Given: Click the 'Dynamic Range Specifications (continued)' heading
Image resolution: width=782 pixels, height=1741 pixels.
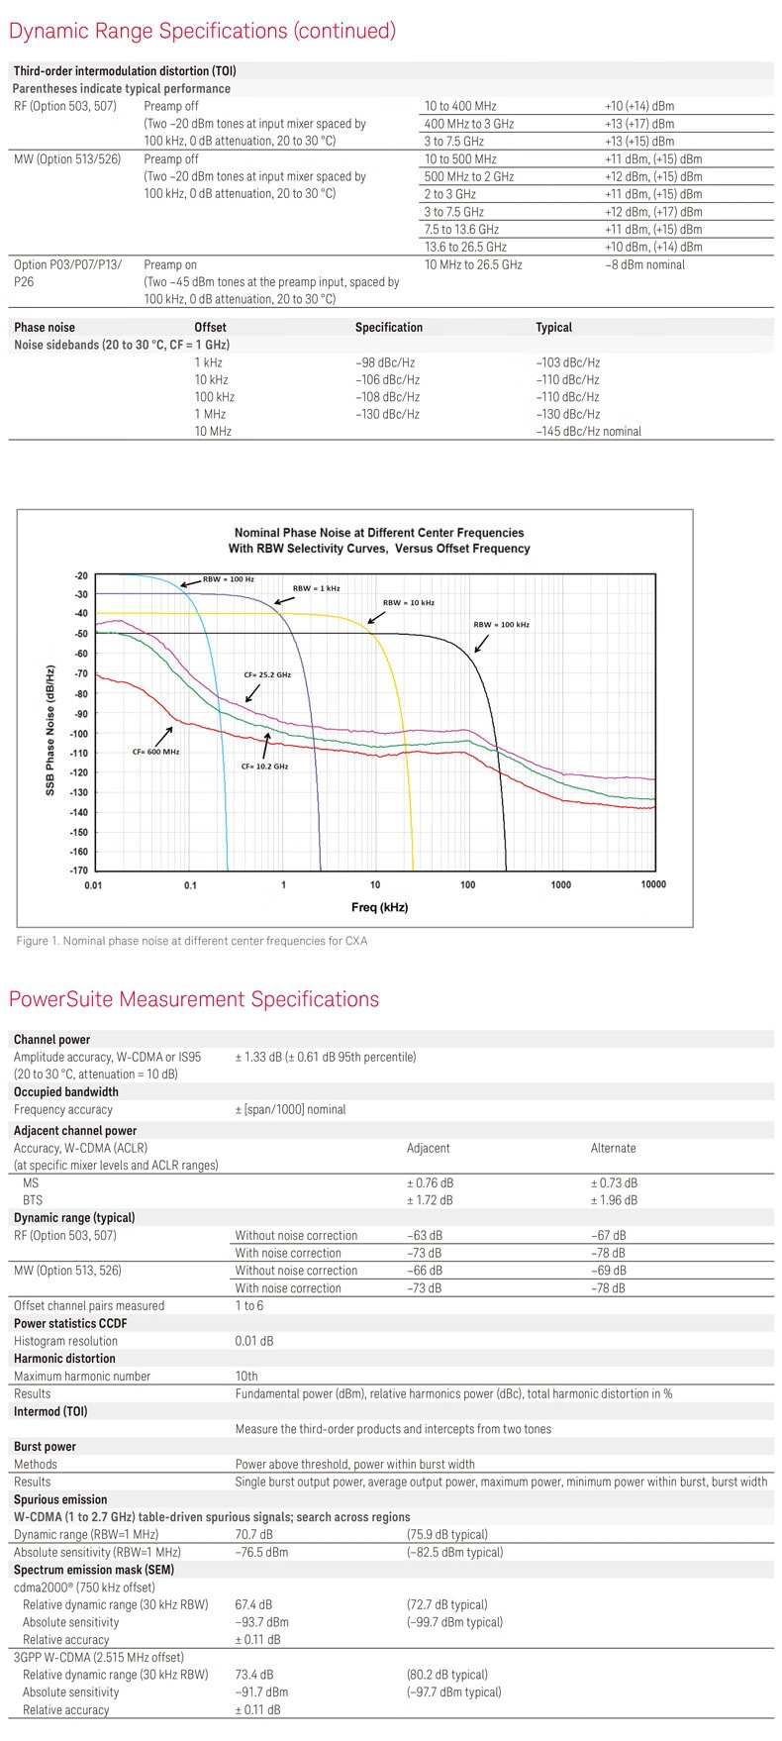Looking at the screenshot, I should tap(202, 31).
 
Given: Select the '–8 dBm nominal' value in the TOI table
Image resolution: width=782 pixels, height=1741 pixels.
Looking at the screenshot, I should tap(644, 264).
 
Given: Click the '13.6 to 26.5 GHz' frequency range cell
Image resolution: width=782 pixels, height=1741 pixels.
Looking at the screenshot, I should tap(465, 247).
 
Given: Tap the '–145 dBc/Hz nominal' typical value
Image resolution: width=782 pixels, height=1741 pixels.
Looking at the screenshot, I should tap(588, 431).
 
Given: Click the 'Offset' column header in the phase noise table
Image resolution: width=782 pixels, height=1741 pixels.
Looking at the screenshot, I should tap(210, 327).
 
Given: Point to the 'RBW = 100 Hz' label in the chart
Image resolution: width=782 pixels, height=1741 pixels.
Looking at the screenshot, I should tap(229, 579).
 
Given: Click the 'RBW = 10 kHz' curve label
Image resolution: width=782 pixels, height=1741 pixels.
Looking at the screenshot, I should tap(408, 602).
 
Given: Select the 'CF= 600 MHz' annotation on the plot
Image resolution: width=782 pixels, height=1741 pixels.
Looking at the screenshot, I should tap(155, 752).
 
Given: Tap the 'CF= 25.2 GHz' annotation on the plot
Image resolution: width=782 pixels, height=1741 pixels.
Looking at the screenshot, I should tap(267, 674).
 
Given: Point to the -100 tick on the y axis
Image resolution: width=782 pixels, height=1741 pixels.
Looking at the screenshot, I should tap(78, 734).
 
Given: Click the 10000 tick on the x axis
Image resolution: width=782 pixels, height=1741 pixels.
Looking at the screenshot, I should tap(653, 884).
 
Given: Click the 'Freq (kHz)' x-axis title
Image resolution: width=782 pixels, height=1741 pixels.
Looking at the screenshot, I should tap(379, 907).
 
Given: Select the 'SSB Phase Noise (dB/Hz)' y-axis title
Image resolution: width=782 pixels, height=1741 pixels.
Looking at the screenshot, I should tap(50, 731).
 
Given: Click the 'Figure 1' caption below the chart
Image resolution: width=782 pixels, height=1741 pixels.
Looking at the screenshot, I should tap(192, 941).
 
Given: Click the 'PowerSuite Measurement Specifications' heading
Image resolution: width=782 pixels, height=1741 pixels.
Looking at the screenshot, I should tap(194, 998).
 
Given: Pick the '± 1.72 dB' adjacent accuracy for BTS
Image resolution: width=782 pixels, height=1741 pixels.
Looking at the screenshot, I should tap(430, 1200).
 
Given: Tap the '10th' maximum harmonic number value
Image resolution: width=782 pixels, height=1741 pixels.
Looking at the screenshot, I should tap(246, 1376).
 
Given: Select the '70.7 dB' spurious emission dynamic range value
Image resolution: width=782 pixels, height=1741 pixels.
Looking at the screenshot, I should tap(254, 1534).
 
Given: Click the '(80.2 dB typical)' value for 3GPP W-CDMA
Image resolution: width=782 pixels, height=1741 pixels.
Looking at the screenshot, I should tap(446, 1675).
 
